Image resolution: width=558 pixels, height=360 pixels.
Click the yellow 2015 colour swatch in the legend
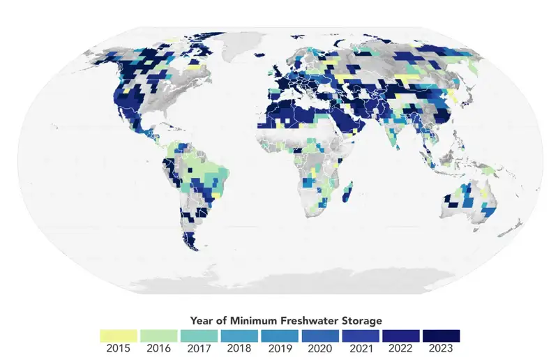click(x=118, y=336)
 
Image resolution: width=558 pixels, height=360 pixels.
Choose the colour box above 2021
click(x=360, y=336)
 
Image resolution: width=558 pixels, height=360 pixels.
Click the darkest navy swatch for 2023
click(x=441, y=336)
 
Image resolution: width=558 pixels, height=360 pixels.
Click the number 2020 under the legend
click(x=319, y=348)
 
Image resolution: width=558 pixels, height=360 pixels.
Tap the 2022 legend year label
click(x=400, y=348)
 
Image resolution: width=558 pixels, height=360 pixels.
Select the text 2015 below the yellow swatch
click(x=118, y=348)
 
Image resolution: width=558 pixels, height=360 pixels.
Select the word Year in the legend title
click(x=202, y=321)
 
